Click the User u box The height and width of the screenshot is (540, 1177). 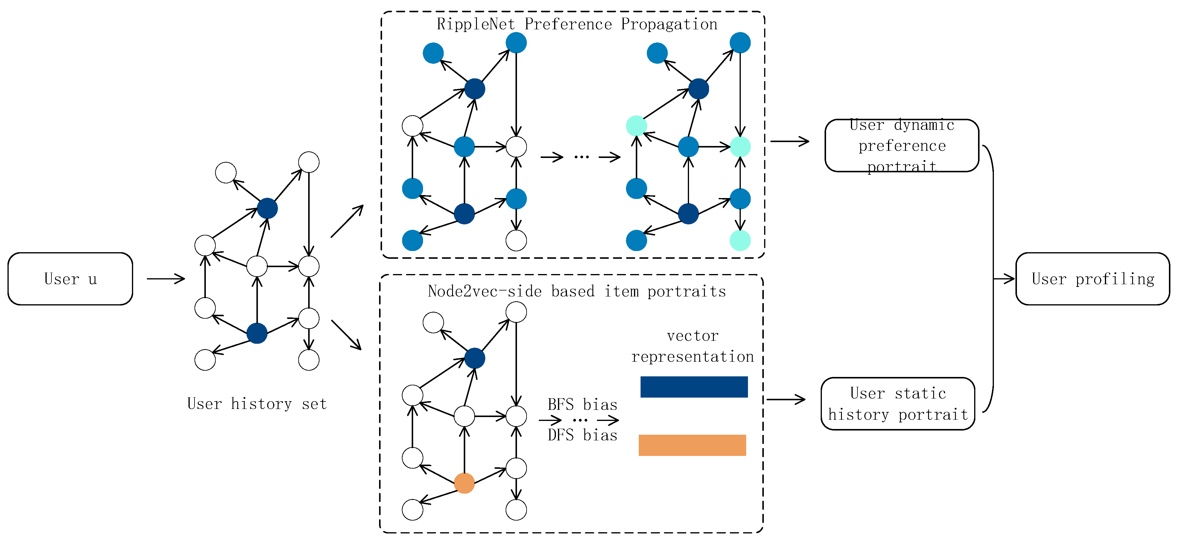pos(70,279)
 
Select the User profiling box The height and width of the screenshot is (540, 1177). pos(1092,279)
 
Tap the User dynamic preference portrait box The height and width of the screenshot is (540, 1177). pos(901,145)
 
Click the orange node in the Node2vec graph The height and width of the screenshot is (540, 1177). pos(464,483)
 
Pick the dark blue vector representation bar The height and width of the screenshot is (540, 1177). pos(694,387)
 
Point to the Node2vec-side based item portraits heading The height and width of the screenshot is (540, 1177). pos(577,291)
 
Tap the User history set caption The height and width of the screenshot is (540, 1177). pos(257,403)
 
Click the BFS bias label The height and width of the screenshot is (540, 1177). pos(582,404)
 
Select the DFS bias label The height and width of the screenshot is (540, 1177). pos(582,434)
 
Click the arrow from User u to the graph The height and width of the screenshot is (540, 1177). pos(165,278)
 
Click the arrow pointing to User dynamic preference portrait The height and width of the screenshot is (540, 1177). pos(790,141)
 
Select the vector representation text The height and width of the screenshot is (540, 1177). pos(692,346)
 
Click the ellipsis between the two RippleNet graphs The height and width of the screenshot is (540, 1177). pos(581,157)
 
